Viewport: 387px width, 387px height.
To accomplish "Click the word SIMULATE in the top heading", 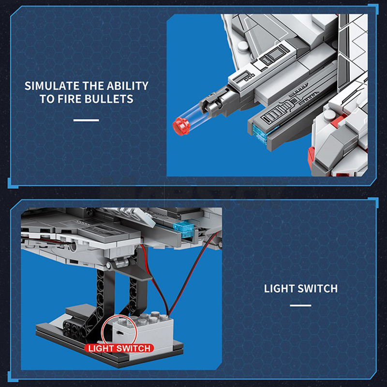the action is pyautogui.click(x=52, y=86).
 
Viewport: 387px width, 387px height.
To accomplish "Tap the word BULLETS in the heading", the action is pyautogui.click(x=109, y=99).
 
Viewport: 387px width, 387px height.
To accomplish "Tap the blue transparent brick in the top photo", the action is pyautogui.click(x=260, y=134).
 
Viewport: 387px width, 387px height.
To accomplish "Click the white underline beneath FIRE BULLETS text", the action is pyautogui.click(x=86, y=120).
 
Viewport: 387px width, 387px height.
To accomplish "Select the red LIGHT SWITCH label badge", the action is pyautogui.click(x=119, y=348).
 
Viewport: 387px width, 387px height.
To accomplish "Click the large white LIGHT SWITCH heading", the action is pyautogui.click(x=300, y=288).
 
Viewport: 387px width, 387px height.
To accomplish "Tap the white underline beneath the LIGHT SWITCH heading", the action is pyautogui.click(x=300, y=305).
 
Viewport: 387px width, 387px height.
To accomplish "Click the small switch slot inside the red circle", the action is pyautogui.click(x=119, y=333).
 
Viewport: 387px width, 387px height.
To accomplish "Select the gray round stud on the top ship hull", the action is pyautogui.click(x=243, y=46).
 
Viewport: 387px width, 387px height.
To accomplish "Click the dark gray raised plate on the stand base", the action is pyautogui.click(x=79, y=312).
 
